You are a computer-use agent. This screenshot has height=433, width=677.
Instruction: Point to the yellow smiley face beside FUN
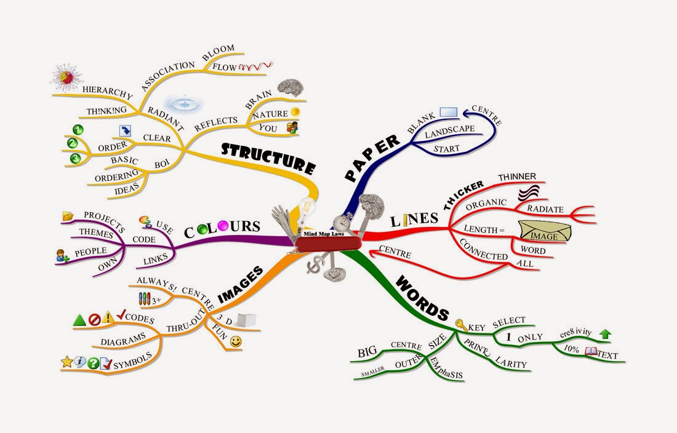point(236,341)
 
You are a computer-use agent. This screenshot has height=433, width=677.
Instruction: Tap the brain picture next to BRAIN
point(291,90)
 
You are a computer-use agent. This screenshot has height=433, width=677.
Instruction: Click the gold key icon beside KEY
point(460,324)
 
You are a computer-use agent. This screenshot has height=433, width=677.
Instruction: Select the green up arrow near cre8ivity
point(605,334)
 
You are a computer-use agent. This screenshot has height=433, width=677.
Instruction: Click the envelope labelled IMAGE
point(544,232)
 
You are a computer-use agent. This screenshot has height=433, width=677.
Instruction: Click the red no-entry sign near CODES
point(94,319)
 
